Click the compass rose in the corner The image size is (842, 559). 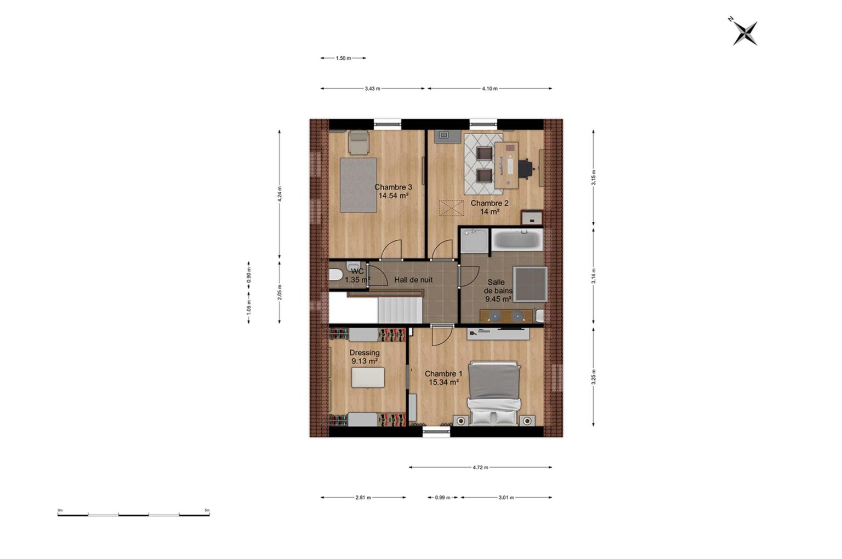coord(744,33)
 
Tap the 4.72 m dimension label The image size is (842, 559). coord(480,468)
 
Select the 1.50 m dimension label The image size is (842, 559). coord(343,58)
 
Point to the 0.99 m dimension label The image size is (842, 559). coord(442,498)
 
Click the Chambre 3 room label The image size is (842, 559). coord(393,187)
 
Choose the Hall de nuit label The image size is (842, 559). coord(413,280)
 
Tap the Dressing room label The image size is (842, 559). coord(364,353)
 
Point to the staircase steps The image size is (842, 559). coord(400,310)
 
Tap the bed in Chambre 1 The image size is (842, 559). coord(494,394)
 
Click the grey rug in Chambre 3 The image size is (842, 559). coord(358,185)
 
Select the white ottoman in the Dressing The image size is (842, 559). coord(368,377)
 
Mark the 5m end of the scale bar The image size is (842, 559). coord(209,515)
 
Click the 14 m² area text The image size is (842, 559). coord(490,211)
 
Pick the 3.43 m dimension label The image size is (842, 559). coord(372,89)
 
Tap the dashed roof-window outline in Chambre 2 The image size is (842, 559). coord(452,208)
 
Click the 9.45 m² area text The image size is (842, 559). coord(498,299)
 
